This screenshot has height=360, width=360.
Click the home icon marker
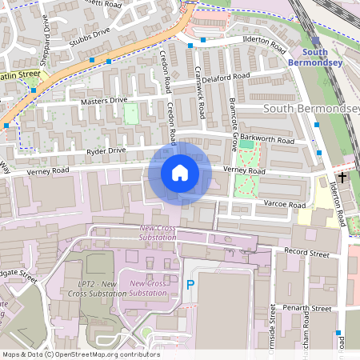pos(180,173)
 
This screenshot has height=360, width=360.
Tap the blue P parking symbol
pos(190,284)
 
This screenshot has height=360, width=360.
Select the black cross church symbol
pos(342,177)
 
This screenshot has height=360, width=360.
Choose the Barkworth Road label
pos(271,141)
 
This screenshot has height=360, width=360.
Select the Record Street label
pos(308,254)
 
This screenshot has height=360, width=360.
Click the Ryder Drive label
pos(106,150)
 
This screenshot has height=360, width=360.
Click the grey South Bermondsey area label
pos(308,108)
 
